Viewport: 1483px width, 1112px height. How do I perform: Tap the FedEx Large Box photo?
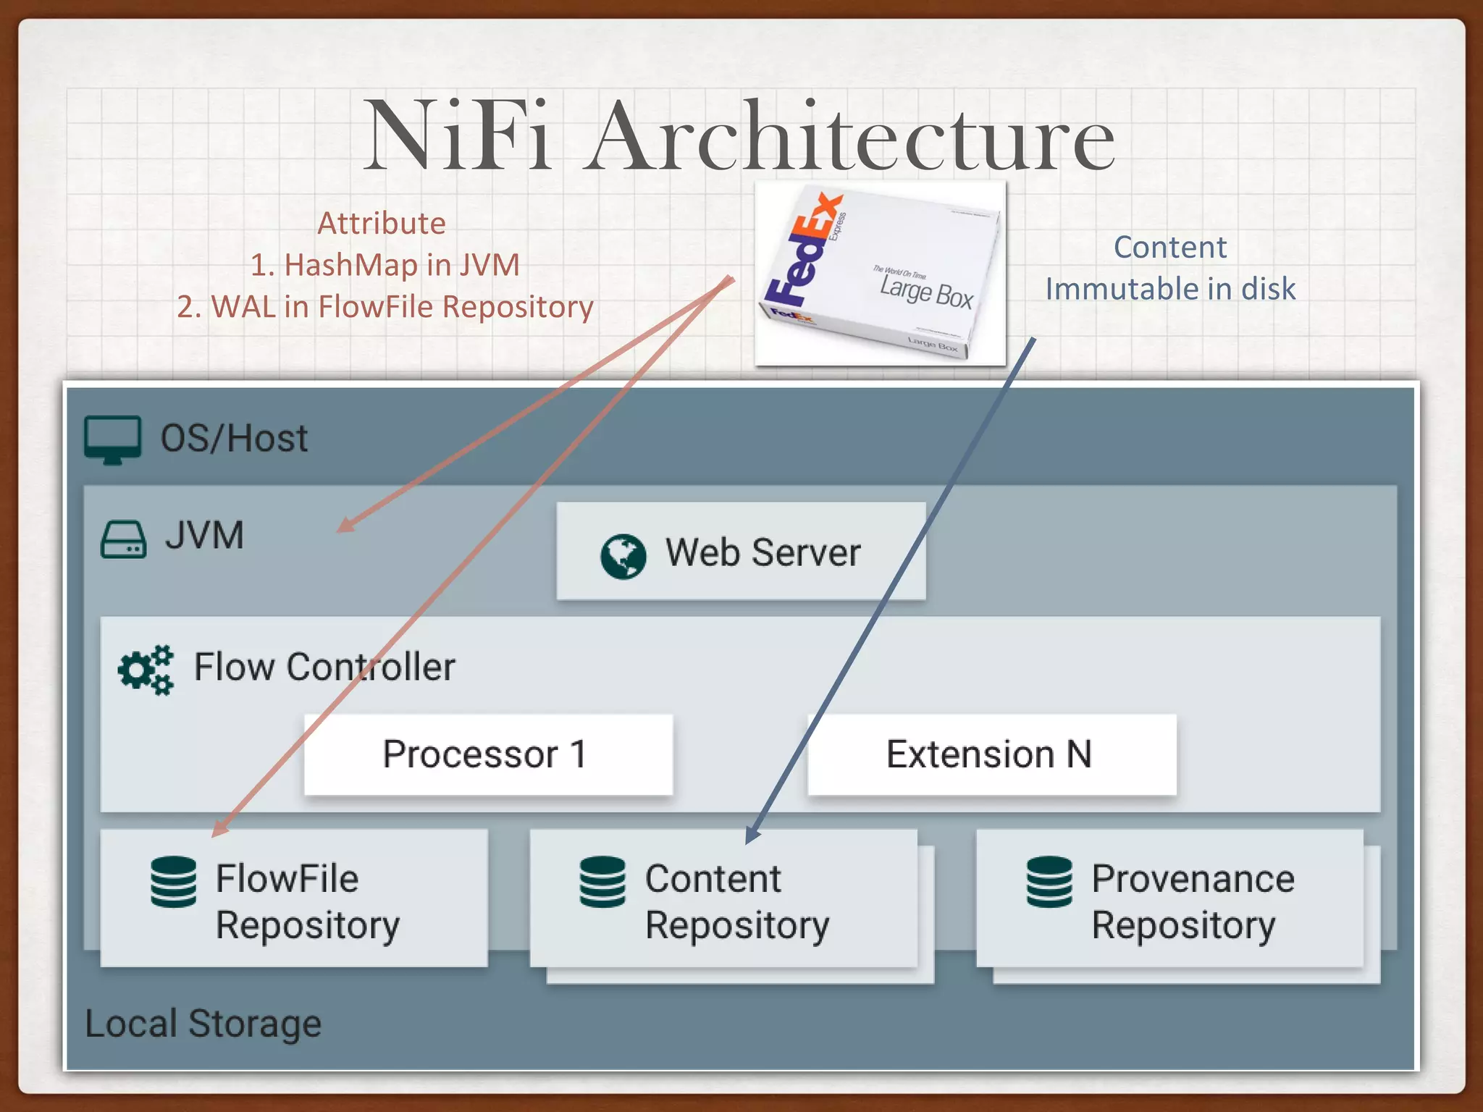(880, 274)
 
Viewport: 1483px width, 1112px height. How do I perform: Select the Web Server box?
(741, 552)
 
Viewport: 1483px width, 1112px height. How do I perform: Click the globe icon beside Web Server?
(623, 556)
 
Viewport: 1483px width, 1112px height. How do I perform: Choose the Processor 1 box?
(488, 754)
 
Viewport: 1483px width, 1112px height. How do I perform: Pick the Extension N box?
(991, 754)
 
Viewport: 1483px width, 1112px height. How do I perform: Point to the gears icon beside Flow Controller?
(146, 669)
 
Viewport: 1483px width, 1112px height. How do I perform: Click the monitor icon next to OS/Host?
(113, 439)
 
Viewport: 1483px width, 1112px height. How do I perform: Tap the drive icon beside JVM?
(123, 539)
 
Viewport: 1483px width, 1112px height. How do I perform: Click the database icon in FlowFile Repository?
(174, 882)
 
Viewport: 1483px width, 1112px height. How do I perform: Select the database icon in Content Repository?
(602, 882)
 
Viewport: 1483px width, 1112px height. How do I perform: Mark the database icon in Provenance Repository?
(1049, 882)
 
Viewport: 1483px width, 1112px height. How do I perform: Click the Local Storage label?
(203, 1024)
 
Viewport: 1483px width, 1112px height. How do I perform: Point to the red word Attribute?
(382, 224)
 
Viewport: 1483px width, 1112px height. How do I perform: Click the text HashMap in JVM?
(401, 265)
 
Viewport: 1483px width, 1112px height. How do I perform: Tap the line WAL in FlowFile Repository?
(401, 307)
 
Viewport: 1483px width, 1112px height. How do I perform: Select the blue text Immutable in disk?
(1170, 289)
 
